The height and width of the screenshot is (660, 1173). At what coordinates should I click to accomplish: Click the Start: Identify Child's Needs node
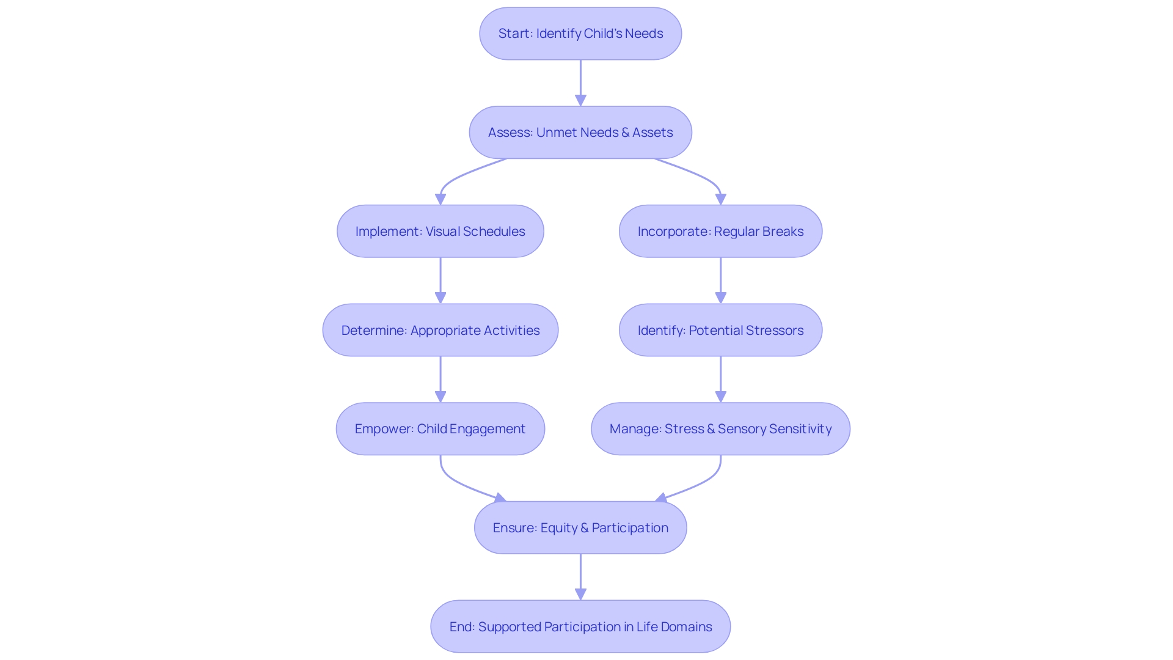(580, 34)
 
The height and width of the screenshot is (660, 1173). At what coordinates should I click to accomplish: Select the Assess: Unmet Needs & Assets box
(580, 133)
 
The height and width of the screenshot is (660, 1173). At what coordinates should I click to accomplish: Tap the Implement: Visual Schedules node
(440, 231)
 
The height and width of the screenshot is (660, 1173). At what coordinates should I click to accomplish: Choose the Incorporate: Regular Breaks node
(720, 231)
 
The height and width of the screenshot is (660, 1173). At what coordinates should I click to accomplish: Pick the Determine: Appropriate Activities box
(440, 330)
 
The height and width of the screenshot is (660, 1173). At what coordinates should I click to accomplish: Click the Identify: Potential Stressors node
(720, 330)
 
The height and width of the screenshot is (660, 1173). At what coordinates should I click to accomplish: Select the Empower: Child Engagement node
(440, 428)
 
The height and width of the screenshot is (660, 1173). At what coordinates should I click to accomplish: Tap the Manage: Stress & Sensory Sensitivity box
(720, 428)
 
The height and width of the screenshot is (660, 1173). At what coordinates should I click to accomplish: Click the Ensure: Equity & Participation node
(580, 527)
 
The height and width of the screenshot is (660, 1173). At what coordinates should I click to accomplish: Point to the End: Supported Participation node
(580, 626)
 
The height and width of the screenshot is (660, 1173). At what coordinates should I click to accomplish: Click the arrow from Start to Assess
(580, 82)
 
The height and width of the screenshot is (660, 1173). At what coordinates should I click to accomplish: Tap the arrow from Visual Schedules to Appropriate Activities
(440, 280)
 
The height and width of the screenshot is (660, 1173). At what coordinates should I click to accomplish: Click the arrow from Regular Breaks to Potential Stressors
(720, 280)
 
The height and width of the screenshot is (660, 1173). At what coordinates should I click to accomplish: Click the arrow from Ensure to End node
(580, 576)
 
